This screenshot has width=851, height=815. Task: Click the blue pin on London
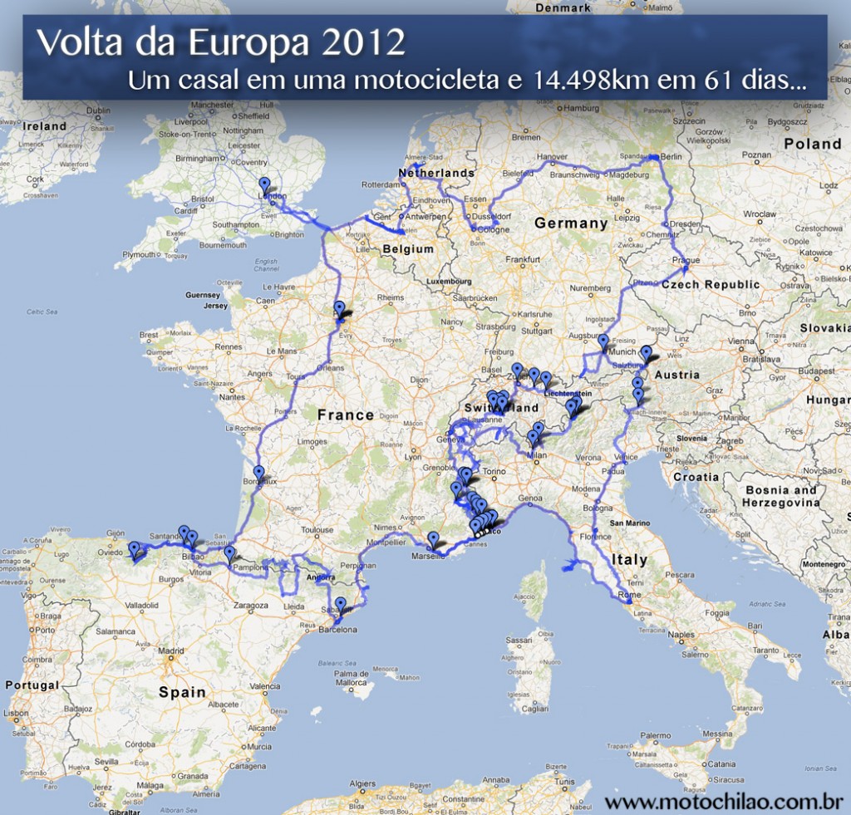point(264,184)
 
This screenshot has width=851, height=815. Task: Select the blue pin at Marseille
point(433,539)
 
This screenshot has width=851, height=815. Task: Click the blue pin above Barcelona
point(340,604)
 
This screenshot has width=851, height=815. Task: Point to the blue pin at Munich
point(603,341)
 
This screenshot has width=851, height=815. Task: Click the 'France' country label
point(346,415)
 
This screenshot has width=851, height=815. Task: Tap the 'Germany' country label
point(571,223)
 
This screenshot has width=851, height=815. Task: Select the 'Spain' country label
point(182,691)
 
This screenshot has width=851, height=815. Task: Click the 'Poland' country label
point(813,143)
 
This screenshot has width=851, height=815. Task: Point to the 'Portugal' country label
point(32,685)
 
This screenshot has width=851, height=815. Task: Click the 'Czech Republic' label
point(711,284)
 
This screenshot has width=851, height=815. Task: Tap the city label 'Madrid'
point(171,651)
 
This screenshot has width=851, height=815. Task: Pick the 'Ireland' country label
point(45,126)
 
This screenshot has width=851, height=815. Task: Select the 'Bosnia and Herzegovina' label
point(780,496)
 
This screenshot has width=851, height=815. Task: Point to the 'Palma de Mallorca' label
point(352,678)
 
